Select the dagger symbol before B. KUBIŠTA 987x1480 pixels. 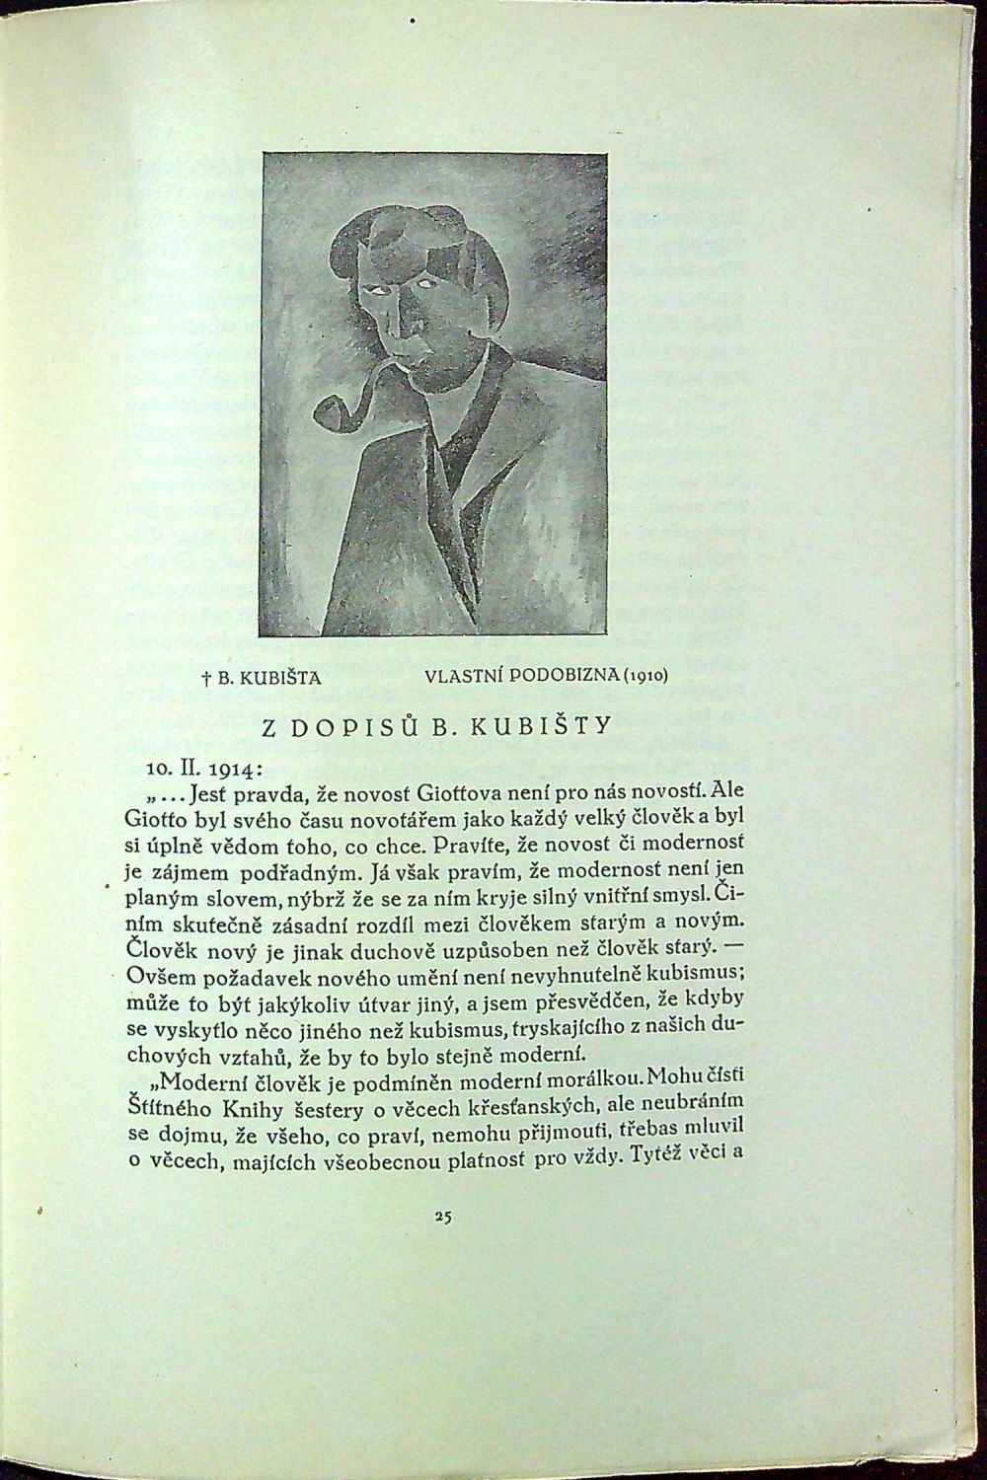[203, 679]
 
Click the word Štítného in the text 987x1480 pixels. [166, 1099]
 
